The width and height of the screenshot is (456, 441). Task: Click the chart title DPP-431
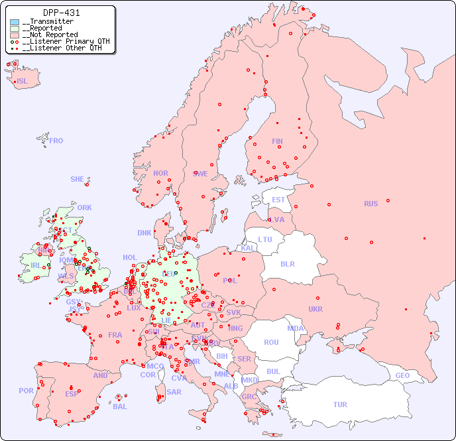[62, 13]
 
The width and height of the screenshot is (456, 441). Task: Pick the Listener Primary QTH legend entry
[61, 41]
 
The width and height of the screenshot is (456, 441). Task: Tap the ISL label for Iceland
[23, 82]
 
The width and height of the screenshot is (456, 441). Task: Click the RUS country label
[370, 204]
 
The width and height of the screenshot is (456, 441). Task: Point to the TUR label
[340, 405]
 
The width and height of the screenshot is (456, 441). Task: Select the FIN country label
[277, 141]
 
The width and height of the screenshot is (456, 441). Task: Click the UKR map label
[315, 309]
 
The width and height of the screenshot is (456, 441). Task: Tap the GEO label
[402, 375]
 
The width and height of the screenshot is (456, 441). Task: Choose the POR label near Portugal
[26, 391]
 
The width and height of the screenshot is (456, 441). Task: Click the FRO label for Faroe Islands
[56, 141]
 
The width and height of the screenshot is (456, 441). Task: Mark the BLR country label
[287, 263]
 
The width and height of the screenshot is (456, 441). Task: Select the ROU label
[271, 342]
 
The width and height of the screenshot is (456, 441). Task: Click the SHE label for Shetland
[78, 179]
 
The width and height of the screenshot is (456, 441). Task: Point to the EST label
[278, 200]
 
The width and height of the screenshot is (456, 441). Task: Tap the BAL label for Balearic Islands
[120, 407]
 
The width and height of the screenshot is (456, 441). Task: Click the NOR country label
[160, 173]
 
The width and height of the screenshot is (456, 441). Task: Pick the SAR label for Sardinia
[174, 392]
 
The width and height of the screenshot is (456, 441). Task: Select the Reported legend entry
[46, 29]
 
